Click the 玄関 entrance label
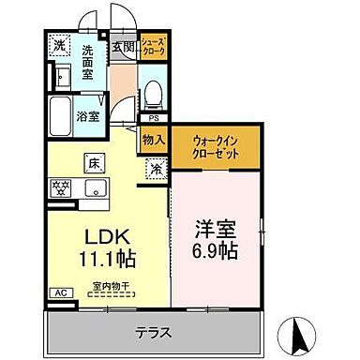(124, 45)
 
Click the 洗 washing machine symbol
(59, 45)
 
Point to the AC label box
(58, 292)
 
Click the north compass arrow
(303, 333)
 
